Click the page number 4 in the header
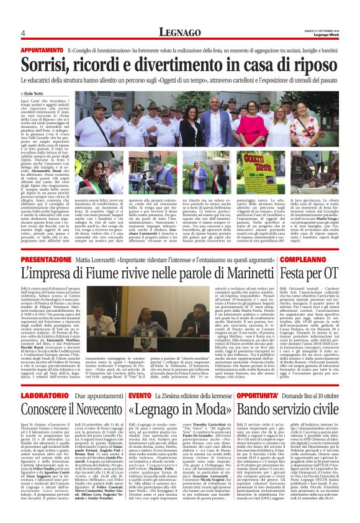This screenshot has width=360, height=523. [x=23, y=32]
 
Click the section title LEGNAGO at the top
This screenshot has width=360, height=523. [x=179, y=32]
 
